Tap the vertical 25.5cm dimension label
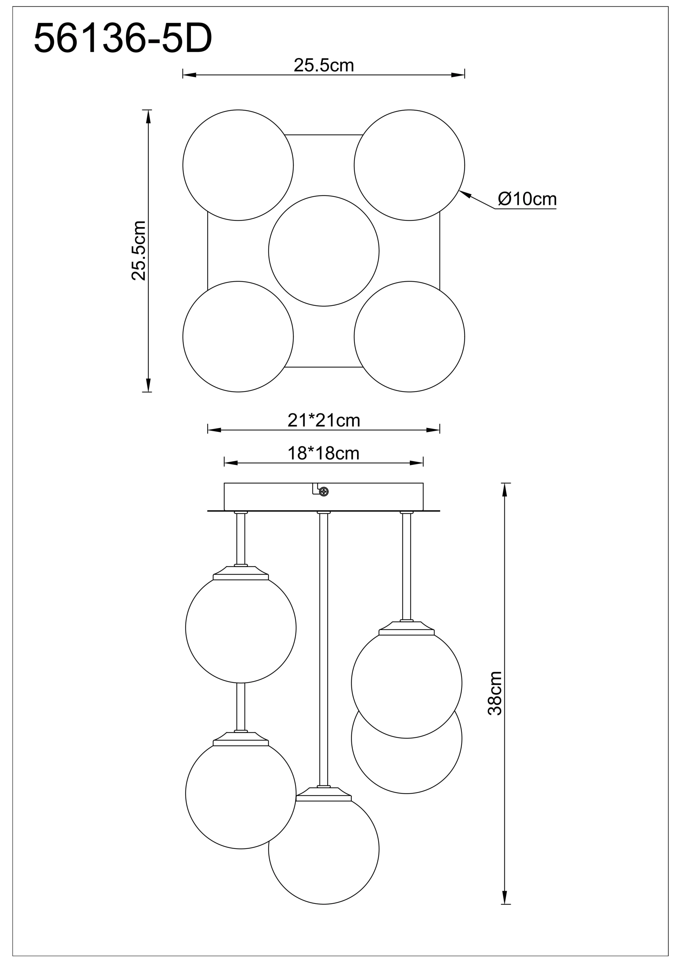[139, 250]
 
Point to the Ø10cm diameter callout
[527, 199]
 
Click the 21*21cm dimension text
[324, 420]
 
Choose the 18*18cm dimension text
[323, 454]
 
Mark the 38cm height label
[495, 693]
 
